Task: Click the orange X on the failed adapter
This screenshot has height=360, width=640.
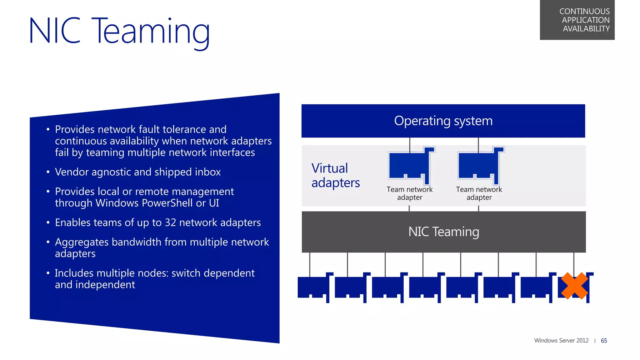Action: coord(574,286)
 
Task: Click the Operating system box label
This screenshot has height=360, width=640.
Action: coord(443,121)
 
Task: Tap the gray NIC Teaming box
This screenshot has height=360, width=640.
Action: coord(443,232)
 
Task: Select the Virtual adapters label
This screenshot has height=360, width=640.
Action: coord(335,175)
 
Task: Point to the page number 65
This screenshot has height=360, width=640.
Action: coord(604,341)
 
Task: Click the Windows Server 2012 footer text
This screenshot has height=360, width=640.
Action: coord(561,341)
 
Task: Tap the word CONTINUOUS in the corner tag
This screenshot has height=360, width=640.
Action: coord(584,11)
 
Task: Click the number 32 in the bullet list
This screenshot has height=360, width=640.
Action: coord(170,222)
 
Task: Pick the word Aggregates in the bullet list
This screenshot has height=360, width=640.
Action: coord(82,242)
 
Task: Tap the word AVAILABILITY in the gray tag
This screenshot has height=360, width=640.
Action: coord(586,29)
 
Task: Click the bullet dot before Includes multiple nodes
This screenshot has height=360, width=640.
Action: coord(48,273)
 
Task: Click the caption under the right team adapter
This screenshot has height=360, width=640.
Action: coord(479,193)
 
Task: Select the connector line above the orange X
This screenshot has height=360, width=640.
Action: coord(574,262)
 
